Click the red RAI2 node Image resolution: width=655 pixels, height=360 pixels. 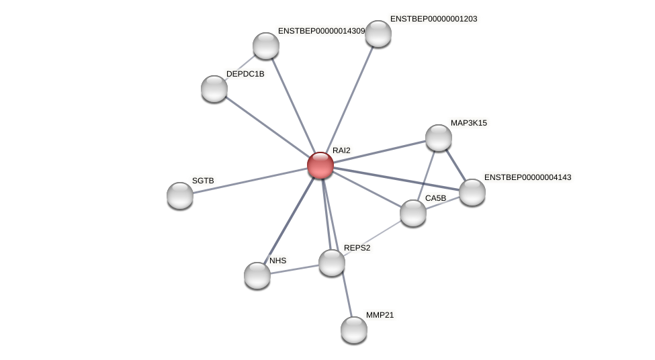tap(320, 165)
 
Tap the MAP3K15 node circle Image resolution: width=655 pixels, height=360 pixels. tap(439, 138)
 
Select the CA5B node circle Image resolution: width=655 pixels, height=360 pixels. tap(413, 213)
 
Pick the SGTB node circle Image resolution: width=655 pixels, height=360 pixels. tap(180, 195)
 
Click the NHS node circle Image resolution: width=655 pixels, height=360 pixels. tap(257, 275)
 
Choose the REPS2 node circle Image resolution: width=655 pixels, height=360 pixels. tap(332, 262)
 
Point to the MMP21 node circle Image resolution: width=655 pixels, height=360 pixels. tap(354, 329)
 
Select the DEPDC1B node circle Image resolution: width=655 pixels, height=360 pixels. tap(214, 89)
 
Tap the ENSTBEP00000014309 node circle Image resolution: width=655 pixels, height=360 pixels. tap(266, 46)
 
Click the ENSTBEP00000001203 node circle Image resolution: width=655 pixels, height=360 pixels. tap(378, 34)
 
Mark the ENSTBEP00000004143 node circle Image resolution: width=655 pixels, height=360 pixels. tap(472, 191)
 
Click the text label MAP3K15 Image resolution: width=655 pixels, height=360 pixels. tap(469, 123)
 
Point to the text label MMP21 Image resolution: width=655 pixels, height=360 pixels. tap(380, 315)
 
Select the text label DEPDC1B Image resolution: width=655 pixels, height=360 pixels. tap(245, 74)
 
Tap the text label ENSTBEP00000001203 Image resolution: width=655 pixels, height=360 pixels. tap(433, 19)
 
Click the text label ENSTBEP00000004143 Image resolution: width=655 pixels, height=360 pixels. tap(527, 177)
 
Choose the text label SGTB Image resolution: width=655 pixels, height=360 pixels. tap(203, 181)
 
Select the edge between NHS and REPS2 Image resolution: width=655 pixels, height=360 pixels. tap(294, 269)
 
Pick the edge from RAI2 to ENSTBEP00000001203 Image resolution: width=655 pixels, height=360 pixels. tap(349, 99)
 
